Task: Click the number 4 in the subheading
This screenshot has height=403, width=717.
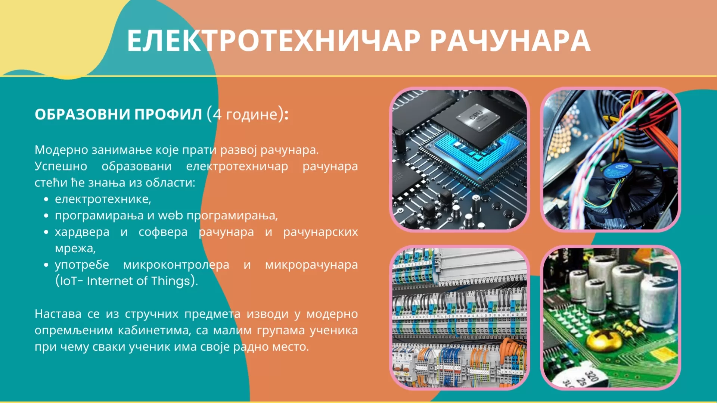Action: (x=217, y=114)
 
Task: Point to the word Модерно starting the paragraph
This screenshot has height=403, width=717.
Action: (x=62, y=150)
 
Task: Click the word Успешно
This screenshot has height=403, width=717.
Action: (x=61, y=166)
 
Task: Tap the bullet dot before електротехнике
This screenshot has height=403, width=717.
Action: (x=46, y=200)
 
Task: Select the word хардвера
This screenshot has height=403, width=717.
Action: (x=82, y=232)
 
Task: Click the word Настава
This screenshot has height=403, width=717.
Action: (x=58, y=314)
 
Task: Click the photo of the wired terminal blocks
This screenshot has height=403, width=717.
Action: (x=460, y=318)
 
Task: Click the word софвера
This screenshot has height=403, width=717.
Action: (x=163, y=232)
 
